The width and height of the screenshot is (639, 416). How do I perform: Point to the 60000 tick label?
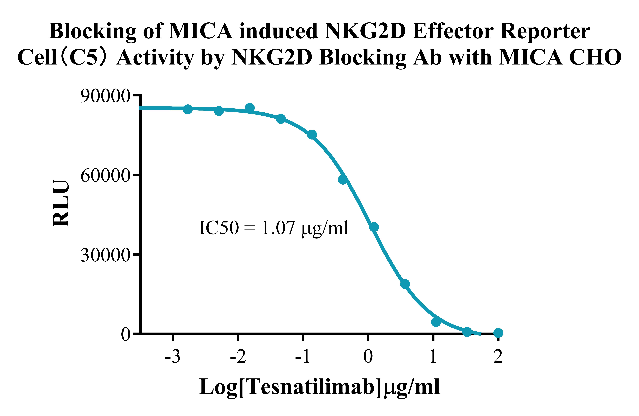pos(105,176)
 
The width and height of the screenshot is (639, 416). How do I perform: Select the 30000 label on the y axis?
pos(105,255)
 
